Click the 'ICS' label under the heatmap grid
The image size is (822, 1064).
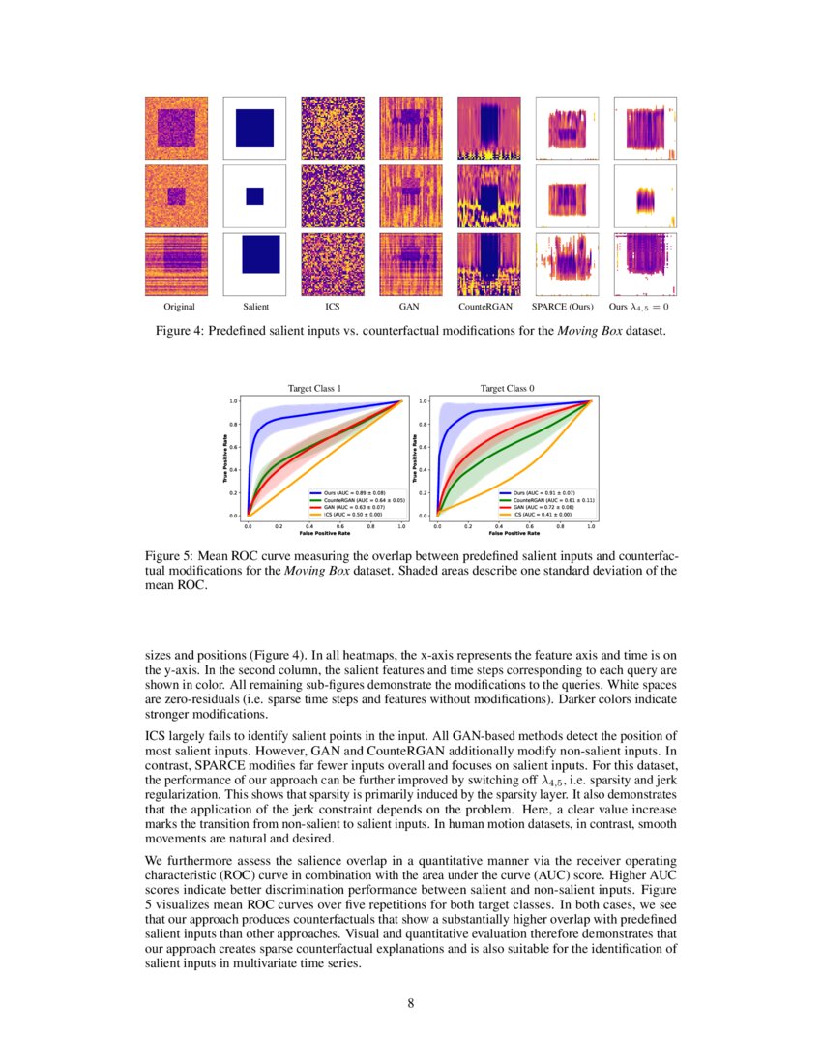coord(333,307)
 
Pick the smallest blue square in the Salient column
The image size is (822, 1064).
coord(254,195)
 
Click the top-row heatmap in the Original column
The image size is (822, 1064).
coord(176,127)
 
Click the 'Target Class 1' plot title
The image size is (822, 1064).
coord(315,389)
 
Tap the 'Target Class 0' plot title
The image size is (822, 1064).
coord(507,389)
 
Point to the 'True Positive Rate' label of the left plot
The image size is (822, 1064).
coord(224,457)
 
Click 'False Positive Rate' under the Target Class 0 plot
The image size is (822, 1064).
coord(514,533)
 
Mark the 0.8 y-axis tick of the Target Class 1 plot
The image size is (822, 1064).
coord(234,424)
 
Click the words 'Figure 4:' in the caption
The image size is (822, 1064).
coord(178,332)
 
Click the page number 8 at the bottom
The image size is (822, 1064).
coord(411,1003)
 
